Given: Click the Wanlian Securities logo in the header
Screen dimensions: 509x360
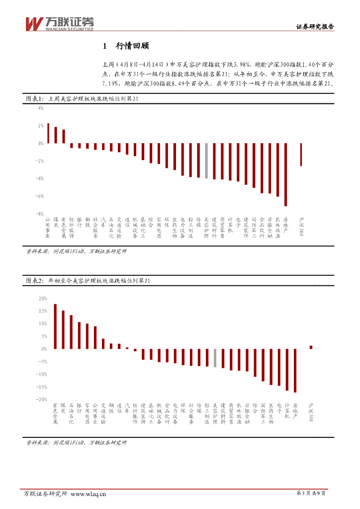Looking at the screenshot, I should click(x=59, y=23).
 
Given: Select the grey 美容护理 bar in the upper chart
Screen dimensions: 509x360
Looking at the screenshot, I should click(x=206, y=161).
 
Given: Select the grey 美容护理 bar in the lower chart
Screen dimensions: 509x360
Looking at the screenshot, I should click(x=215, y=358).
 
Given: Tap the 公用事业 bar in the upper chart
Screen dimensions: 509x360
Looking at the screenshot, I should click(x=48, y=133).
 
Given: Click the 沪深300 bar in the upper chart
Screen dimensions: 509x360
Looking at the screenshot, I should click(x=301, y=155).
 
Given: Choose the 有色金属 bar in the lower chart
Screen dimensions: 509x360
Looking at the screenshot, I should click(x=55, y=327).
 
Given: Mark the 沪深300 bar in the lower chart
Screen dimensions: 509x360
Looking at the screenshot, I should click(x=311, y=347).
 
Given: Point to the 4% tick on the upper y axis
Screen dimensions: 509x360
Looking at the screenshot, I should click(x=40, y=108).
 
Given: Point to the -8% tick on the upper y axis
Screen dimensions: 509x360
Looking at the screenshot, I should click(x=39, y=214).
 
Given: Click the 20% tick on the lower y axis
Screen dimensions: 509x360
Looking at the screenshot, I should click(x=42, y=299).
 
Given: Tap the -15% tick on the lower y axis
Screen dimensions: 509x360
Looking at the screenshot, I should click(x=41, y=387).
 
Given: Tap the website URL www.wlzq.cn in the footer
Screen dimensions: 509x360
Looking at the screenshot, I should click(x=89, y=494).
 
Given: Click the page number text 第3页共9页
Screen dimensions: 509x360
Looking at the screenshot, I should click(x=311, y=493).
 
